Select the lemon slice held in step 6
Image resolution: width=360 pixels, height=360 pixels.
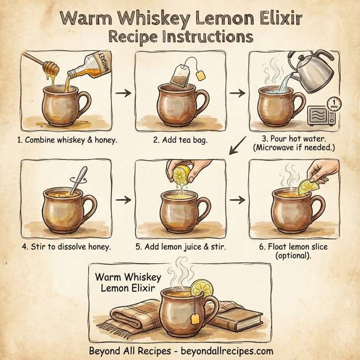click(310, 184)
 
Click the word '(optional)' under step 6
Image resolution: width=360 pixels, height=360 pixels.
click(295, 257)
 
